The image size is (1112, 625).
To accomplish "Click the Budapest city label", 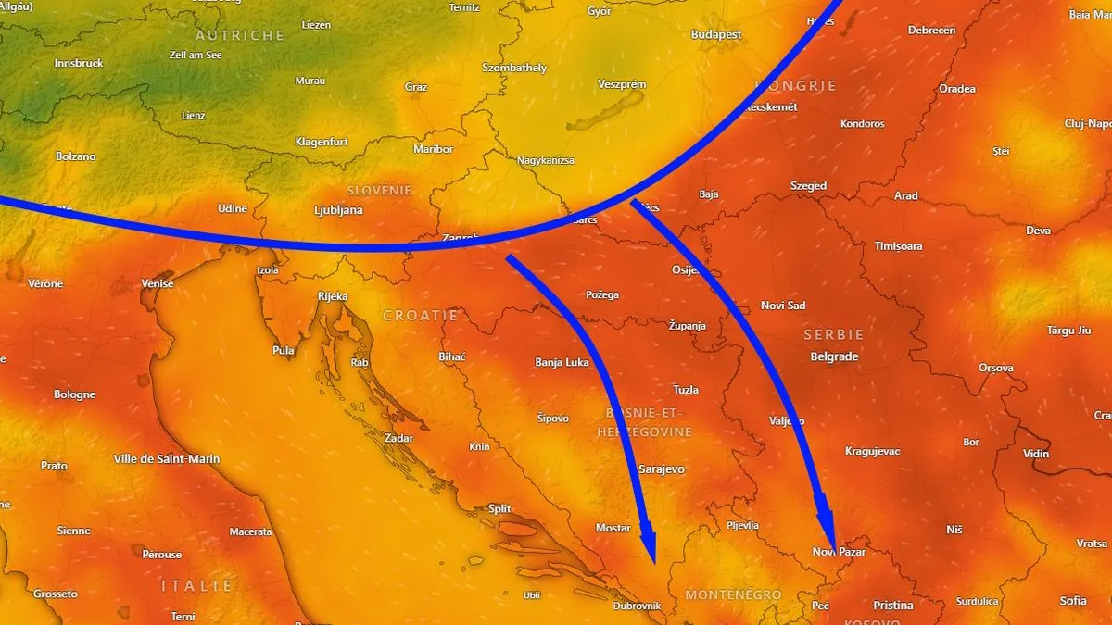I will coord(716,34).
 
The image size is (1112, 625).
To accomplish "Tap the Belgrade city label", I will coord(834,356).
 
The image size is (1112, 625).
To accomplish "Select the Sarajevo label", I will coord(662,469).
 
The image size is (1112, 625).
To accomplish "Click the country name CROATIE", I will coord(421,316).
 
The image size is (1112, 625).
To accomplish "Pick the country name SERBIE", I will coord(834,334).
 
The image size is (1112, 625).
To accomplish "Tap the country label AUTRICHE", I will coord(240,35).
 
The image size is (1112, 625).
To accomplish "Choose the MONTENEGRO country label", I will coord(733,594).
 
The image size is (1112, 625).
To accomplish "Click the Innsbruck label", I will coord(79,64).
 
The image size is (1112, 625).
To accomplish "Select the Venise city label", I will coord(157,283).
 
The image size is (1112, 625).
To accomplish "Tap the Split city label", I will coord(499,508).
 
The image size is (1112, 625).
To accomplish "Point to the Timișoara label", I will coord(898,246).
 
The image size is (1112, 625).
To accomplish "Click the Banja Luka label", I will coord(562,362).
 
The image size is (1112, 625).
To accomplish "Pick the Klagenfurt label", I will coord(322,142).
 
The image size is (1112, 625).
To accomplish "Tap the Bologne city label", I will coord(74,394).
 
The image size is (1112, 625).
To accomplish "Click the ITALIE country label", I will coord(197,585).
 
